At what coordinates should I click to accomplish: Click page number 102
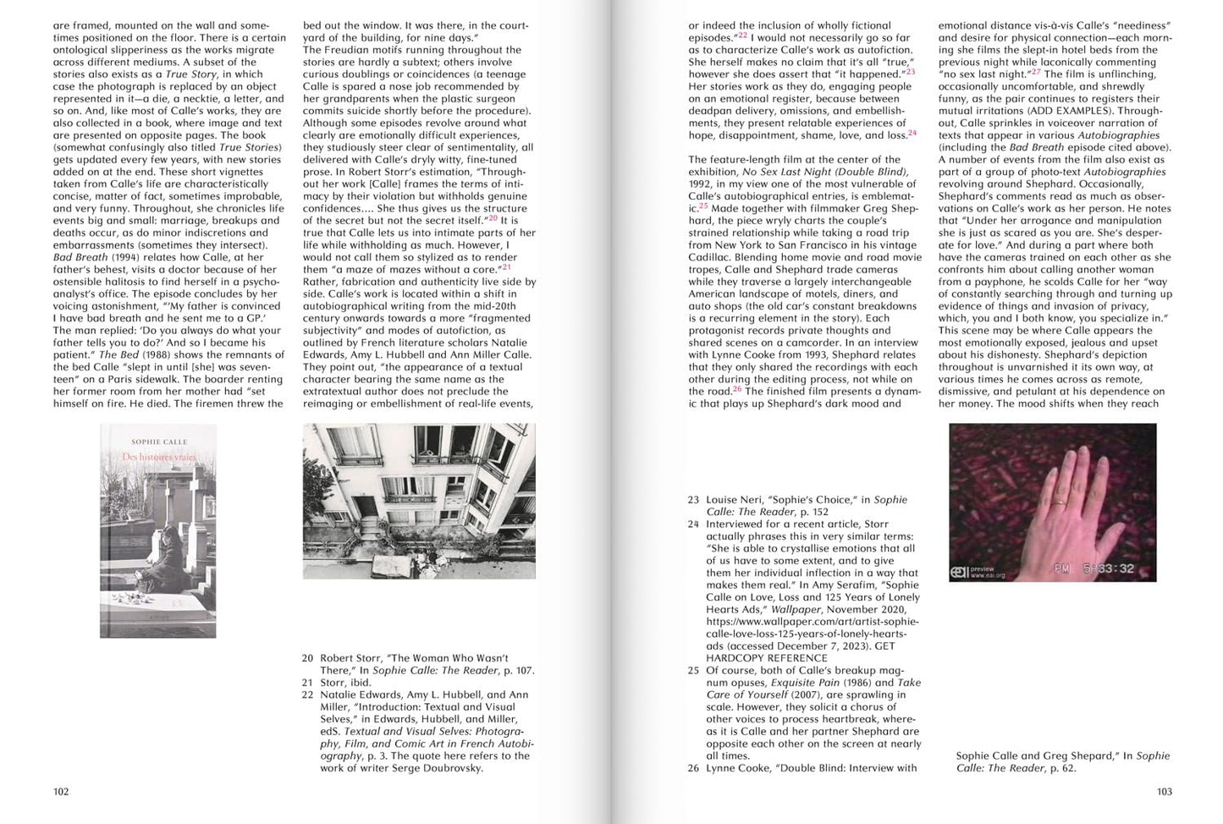(x=61, y=792)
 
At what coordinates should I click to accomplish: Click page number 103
(x=1165, y=792)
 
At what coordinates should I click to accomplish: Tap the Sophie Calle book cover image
(x=158, y=530)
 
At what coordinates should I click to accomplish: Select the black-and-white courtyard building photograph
(x=419, y=501)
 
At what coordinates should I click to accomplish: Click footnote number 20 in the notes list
(x=307, y=658)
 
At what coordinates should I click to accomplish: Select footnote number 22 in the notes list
(x=307, y=695)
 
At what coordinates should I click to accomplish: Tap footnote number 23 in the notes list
(x=694, y=500)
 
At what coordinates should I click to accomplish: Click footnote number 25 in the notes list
(x=694, y=671)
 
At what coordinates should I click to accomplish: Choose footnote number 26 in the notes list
(x=694, y=768)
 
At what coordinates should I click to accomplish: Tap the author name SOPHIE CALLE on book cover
(x=159, y=442)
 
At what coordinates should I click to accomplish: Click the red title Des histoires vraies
(x=159, y=458)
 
